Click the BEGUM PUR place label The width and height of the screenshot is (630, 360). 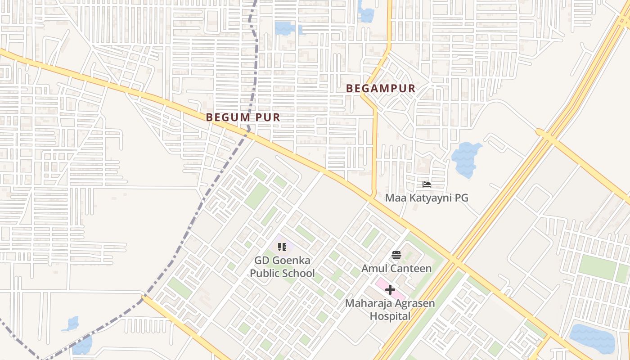pos(243,117)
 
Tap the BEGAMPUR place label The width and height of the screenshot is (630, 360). pos(381,89)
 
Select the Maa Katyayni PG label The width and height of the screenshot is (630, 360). pos(426,198)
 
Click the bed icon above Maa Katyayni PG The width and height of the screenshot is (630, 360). pos(426,184)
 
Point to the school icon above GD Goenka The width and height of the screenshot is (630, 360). pos(282,247)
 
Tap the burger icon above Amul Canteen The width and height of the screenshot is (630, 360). pos(396,255)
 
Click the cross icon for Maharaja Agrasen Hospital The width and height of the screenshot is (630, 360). pos(390,290)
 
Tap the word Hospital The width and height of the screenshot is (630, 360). pos(390,316)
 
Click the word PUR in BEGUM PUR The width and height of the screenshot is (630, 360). pos(267,117)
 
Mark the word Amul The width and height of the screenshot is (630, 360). pos(373,269)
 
